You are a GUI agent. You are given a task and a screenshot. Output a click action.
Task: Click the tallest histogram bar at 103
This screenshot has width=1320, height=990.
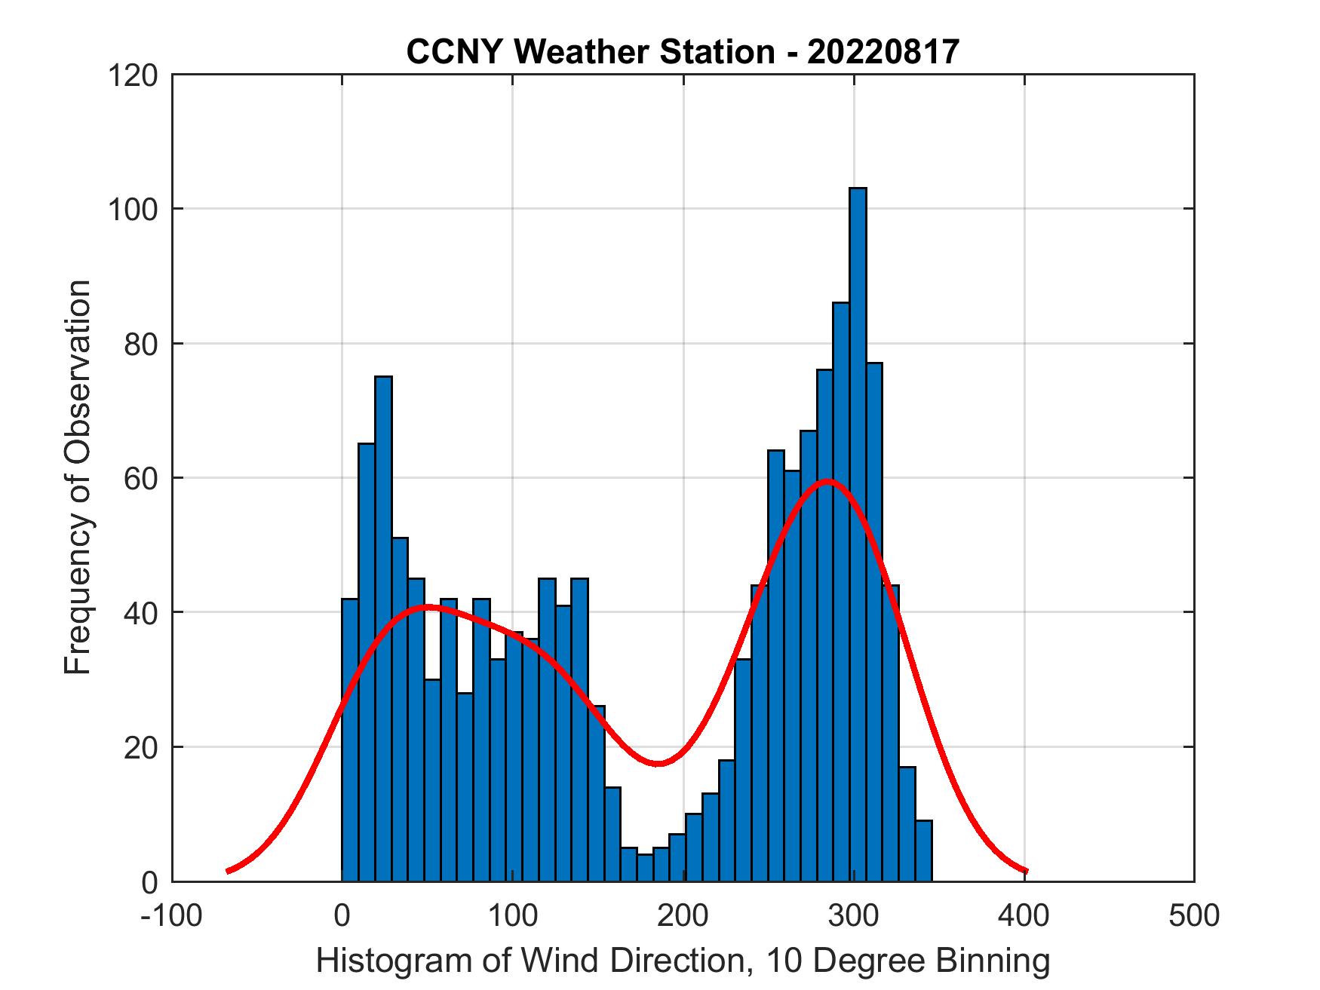858,528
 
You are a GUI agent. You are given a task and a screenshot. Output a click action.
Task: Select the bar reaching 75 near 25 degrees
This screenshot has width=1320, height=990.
383,626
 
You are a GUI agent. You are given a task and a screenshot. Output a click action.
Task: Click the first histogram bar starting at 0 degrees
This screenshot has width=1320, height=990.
350,739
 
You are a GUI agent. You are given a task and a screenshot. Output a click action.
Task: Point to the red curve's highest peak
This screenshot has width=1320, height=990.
827,480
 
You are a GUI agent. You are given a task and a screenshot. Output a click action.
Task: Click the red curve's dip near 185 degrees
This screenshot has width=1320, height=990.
658,763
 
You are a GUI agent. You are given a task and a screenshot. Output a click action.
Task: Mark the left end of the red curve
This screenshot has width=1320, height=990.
228,871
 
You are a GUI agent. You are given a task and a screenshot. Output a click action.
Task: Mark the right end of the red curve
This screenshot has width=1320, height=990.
1026,871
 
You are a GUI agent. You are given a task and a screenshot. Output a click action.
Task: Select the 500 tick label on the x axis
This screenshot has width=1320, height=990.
1194,915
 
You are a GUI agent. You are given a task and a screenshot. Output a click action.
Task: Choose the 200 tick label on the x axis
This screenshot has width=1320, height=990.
683,915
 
